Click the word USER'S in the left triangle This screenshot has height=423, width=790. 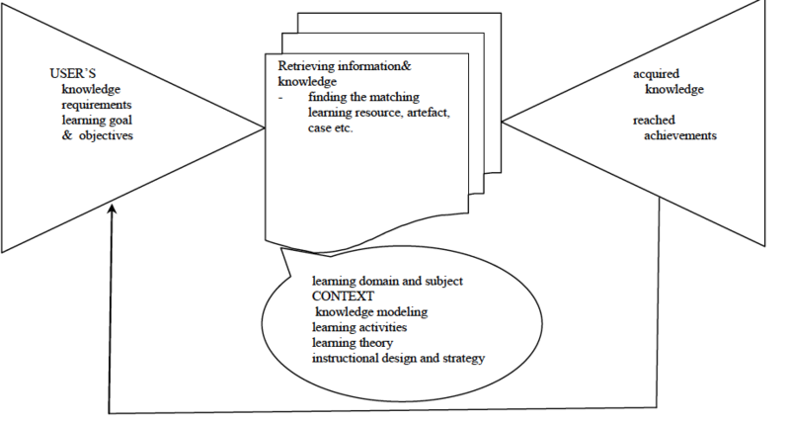point(72,74)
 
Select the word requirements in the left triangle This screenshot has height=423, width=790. point(96,105)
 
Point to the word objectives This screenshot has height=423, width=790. point(106,135)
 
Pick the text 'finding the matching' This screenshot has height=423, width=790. point(364,97)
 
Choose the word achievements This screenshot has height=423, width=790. point(680,135)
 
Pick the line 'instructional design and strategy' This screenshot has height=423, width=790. point(398,357)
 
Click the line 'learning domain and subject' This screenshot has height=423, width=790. point(387,281)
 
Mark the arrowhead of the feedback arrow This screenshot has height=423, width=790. point(112,210)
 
